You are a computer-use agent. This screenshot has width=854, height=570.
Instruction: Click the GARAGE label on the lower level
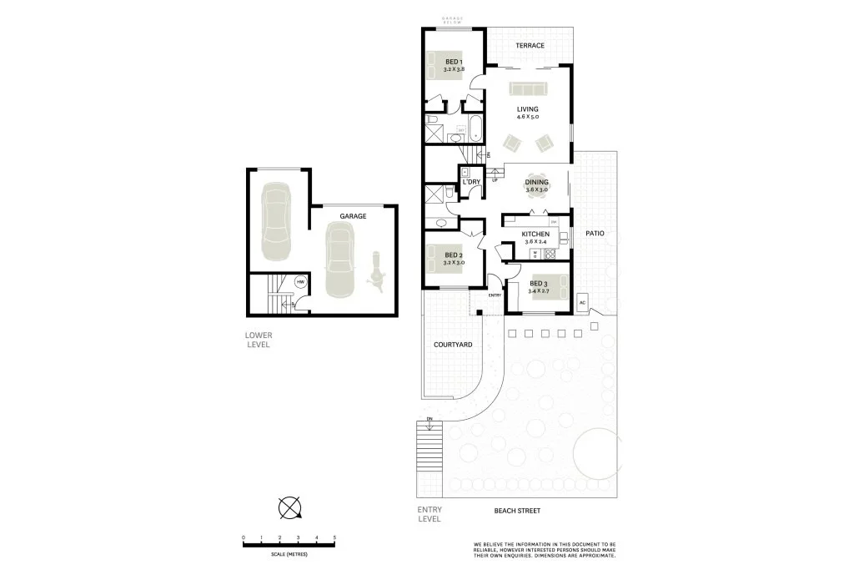(x=353, y=216)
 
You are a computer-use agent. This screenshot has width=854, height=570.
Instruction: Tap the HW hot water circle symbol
(x=300, y=282)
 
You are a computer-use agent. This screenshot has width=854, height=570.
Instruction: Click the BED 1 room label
(x=453, y=62)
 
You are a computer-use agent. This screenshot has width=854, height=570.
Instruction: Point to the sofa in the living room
(x=527, y=89)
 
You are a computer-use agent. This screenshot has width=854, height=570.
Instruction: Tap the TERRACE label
(x=530, y=45)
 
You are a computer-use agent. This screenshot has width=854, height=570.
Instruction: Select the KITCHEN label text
(x=535, y=234)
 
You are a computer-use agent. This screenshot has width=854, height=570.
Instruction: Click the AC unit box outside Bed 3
(x=582, y=302)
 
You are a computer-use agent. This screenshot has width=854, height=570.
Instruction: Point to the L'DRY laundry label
(x=472, y=181)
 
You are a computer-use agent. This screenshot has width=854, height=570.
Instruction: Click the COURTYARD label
(x=453, y=344)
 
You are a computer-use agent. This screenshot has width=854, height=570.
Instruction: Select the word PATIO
(x=594, y=234)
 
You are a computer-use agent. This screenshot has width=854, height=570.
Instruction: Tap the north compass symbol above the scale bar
(x=289, y=507)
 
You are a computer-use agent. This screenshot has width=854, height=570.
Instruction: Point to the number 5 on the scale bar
(x=334, y=537)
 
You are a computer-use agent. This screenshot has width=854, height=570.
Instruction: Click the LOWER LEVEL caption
(x=259, y=340)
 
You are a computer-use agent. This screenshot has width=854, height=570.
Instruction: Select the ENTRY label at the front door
(x=495, y=295)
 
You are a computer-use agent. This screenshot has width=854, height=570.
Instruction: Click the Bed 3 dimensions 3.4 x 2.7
(x=539, y=291)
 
